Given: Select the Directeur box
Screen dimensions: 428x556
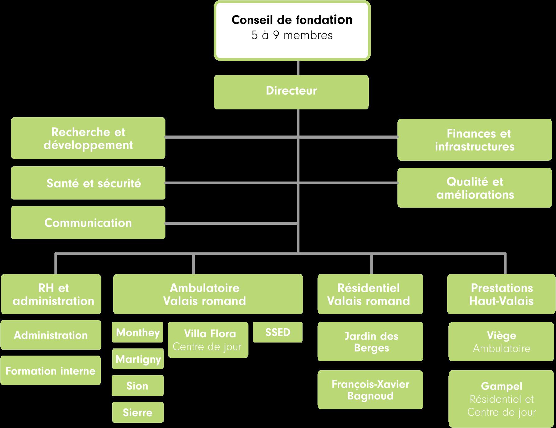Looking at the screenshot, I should [x=291, y=92].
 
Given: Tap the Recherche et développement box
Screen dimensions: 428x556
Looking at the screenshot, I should [x=88, y=138].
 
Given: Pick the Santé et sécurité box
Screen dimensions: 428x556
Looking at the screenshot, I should [x=88, y=183].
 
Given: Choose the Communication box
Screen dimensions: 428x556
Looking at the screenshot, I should [x=88, y=223].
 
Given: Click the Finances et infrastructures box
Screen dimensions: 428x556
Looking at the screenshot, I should [x=475, y=140].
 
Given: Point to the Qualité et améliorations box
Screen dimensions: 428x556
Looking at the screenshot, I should [x=475, y=188].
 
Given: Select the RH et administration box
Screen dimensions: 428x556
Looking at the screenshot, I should [x=51, y=294].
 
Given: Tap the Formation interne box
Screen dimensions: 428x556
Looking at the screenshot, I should [x=50, y=370].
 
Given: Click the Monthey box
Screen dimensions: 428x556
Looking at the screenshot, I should [x=137, y=332].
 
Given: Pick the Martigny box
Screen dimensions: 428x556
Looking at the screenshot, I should [x=138, y=359].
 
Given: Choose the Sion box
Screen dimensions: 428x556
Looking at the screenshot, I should [x=137, y=385].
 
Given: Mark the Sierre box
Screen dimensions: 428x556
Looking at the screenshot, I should [x=138, y=412].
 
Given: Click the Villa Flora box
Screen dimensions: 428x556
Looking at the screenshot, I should [x=208, y=340].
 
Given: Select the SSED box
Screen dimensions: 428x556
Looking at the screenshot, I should [x=277, y=332].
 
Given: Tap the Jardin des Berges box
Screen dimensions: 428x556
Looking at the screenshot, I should [x=370, y=341].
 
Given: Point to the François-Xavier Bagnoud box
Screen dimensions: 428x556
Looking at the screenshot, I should [x=370, y=389].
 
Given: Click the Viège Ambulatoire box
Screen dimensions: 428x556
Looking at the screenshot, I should [x=501, y=341].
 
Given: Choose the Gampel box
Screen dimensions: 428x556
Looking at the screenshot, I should [x=501, y=399].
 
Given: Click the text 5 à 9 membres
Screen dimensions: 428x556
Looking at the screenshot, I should [x=292, y=35].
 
